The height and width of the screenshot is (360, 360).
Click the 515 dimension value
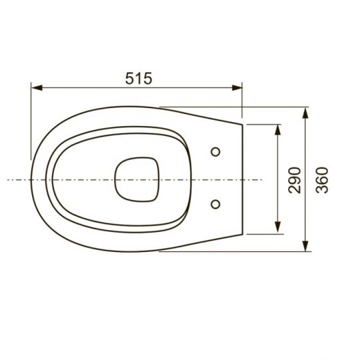point(138,77)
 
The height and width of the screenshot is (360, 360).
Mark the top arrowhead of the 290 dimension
point(277,127)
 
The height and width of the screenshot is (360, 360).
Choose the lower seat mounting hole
point(215,203)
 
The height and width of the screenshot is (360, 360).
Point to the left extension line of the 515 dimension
point(31,120)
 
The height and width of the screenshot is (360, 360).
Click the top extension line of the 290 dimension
point(263,123)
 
